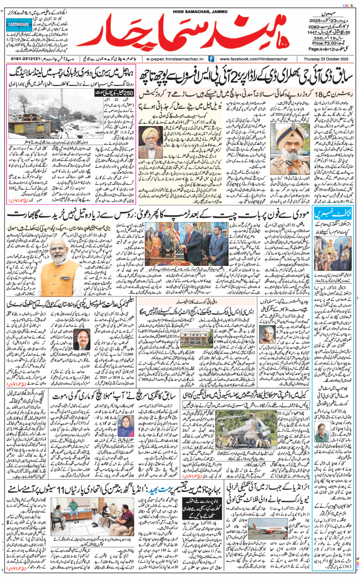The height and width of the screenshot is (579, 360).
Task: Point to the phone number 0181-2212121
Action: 23,58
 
